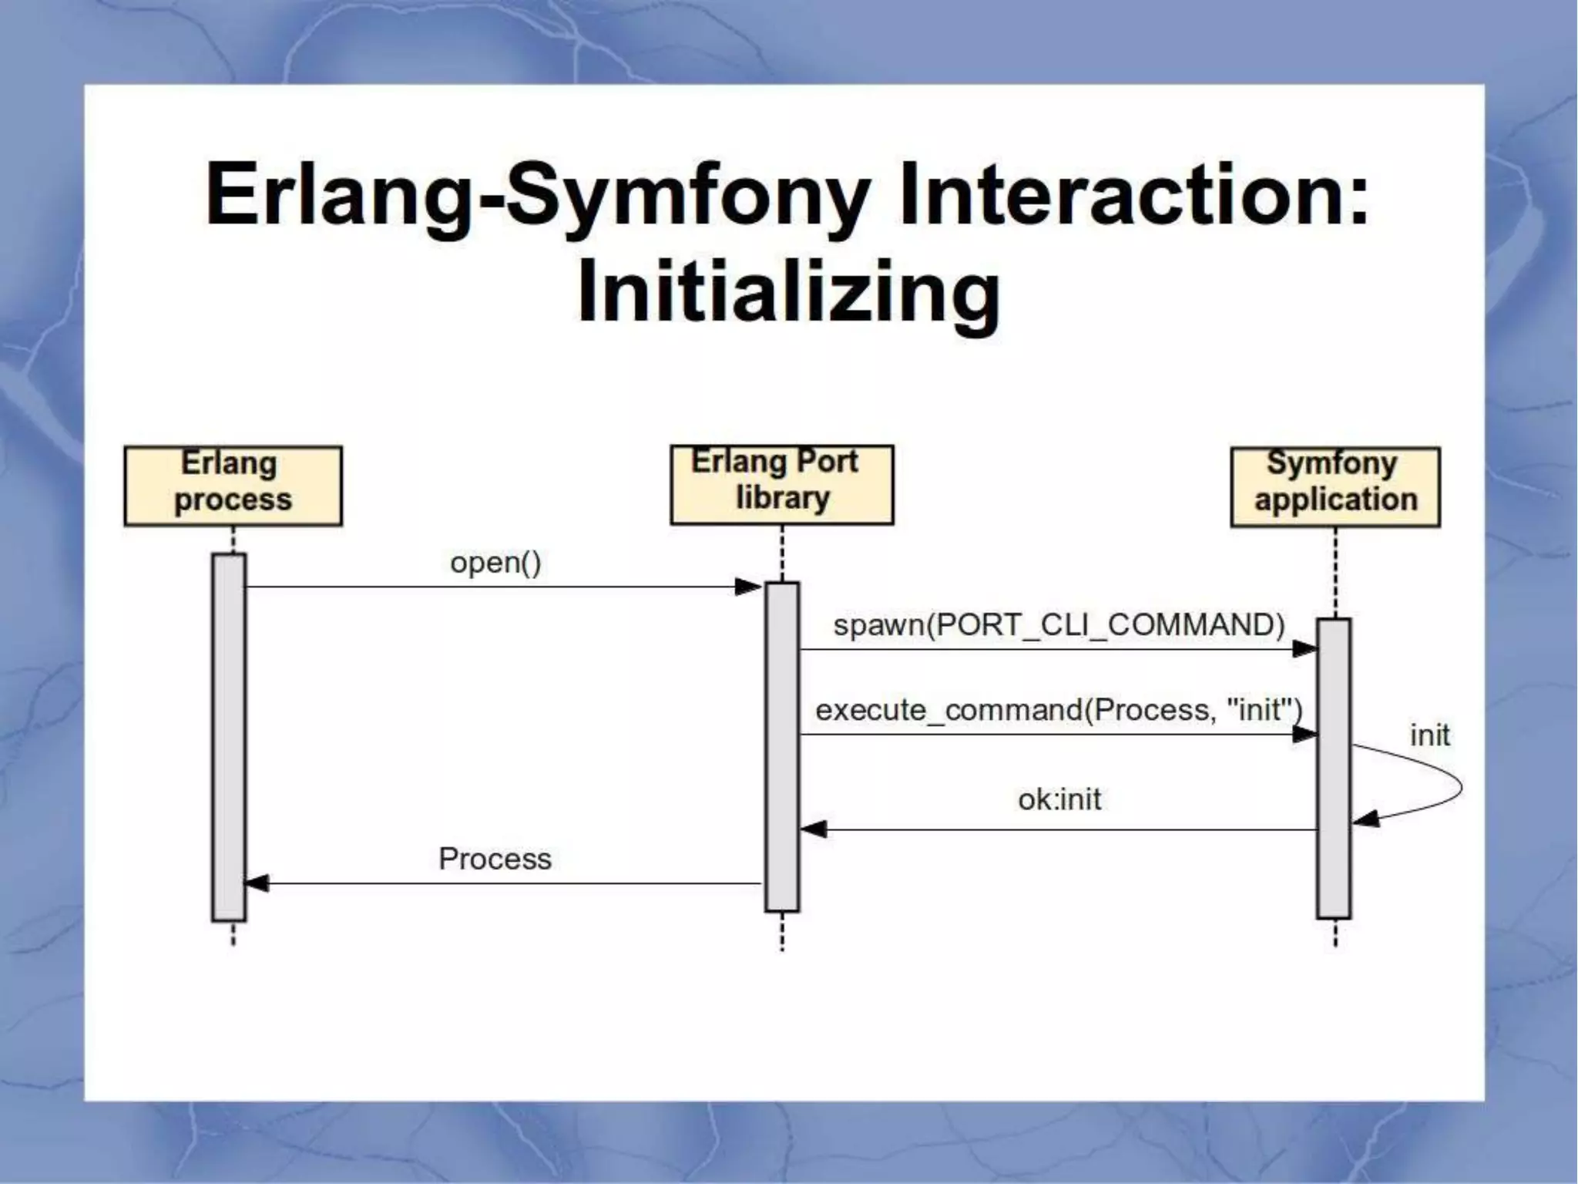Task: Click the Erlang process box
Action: (233, 486)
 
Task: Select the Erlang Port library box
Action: (781, 484)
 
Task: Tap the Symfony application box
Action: (1335, 486)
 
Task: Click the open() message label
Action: (495, 562)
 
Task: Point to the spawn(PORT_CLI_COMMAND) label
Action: (1059, 624)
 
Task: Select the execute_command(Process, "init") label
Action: (1059, 709)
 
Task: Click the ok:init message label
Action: (1059, 799)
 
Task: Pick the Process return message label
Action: (495, 859)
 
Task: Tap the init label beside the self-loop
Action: (1429, 735)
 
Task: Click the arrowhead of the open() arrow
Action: (748, 587)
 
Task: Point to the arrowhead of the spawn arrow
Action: (1304, 649)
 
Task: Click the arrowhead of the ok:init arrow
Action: (814, 829)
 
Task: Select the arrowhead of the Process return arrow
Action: (257, 883)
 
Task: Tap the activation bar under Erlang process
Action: (229, 736)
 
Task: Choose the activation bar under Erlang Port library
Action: (781, 746)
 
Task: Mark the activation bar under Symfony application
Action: (1334, 768)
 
